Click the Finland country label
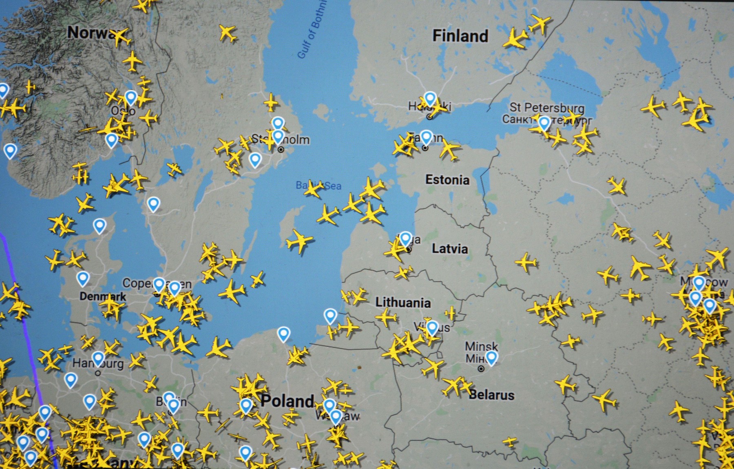tap(460, 36)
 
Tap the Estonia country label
tap(447, 180)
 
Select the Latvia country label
tap(450, 249)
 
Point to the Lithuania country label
tap(403, 303)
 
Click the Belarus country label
tap(491, 395)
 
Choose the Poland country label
tap(287, 401)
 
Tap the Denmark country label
tap(103, 296)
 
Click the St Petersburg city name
tap(547, 108)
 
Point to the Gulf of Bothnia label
tap(312, 31)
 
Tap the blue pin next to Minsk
tap(492, 357)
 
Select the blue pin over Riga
tap(405, 238)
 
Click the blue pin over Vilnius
tap(432, 327)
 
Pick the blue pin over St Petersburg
tap(544, 122)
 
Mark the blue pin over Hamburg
tap(98, 358)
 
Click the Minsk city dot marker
tap(481, 369)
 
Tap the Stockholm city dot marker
tap(281, 150)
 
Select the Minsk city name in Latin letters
tap(481, 347)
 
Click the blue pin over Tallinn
tap(426, 137)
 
